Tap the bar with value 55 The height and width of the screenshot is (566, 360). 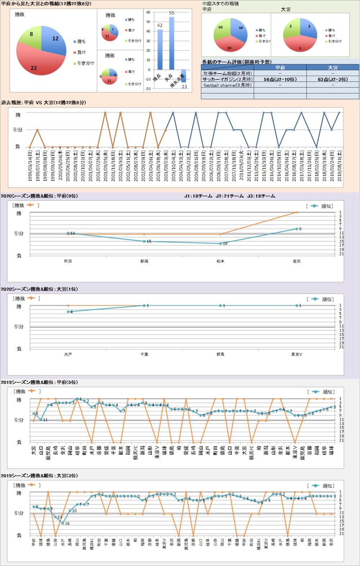(x=172, y=43)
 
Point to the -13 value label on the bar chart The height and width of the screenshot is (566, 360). (x=184, y=86)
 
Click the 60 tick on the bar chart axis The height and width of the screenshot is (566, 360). (x=148, y=12)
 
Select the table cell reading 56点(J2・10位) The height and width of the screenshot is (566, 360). (x=280, y=79)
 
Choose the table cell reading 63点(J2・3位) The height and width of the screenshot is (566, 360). (x=333, y=79)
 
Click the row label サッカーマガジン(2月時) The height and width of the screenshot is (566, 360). (x=227, y=79)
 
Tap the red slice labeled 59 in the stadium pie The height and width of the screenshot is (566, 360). (x=229, y=45)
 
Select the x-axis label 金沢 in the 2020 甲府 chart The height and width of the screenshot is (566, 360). (x=297, y=261)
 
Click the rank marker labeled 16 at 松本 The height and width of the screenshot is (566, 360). (x=221, y=244)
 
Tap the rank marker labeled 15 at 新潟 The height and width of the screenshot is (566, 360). (x=144, y=241)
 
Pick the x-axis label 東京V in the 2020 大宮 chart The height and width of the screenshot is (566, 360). (x=297, y=355)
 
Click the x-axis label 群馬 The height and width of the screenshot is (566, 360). (x=220, y=355)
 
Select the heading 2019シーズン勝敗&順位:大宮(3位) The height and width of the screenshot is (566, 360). (x=39, y=476)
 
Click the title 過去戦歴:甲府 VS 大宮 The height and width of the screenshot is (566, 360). (x=43, y=103)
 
